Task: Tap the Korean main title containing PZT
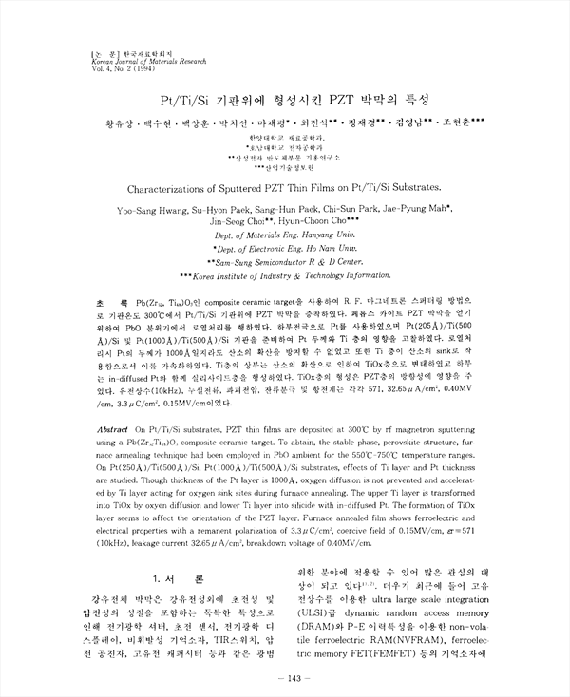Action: [286, 99]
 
